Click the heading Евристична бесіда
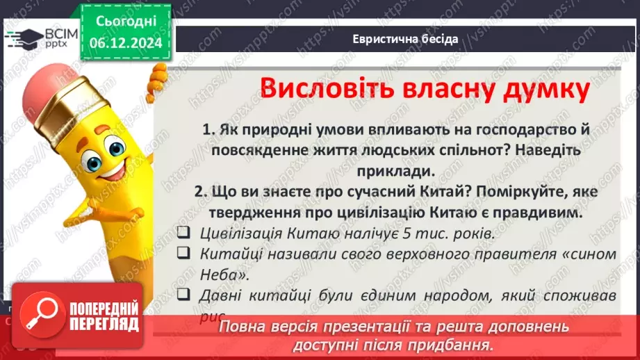point(404,38)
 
